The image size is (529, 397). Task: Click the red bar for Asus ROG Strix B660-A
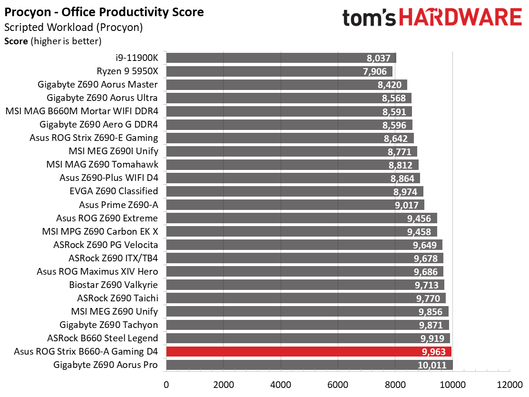click(x=309, y=351)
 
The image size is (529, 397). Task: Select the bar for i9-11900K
click(x=281, y=58)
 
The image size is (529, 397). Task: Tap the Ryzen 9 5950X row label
click(x=127, y=71)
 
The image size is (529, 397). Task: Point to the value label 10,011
click(x=432, y=365)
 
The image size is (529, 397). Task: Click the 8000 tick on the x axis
click(x=395, y=385)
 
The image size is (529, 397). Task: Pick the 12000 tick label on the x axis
click(x=510, y=385)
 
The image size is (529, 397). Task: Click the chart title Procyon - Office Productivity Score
click(x=104, y=12)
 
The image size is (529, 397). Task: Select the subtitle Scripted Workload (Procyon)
click(x=74, y=27)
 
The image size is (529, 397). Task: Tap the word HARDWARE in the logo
click(x=460, y=18)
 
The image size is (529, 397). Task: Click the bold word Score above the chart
click(x=16, y=41)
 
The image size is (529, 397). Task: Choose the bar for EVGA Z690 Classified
click(x=294, y=191)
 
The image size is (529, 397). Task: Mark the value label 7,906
click(x=375, y=71)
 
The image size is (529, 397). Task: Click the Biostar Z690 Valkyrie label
click(x=113, y=285)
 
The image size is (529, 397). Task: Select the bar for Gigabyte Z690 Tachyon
click(x=307, y=325)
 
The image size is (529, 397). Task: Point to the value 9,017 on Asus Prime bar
click(x=407, y=205)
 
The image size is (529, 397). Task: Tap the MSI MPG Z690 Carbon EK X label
click(x=100, y=231)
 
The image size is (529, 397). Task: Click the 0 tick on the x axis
click(x=167, y=385)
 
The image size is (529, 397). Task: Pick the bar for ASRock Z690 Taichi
click(x=306, y=298)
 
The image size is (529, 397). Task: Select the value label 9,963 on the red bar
click(x=433, y=352)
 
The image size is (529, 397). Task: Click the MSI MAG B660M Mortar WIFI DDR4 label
click(x=82, y=111)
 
